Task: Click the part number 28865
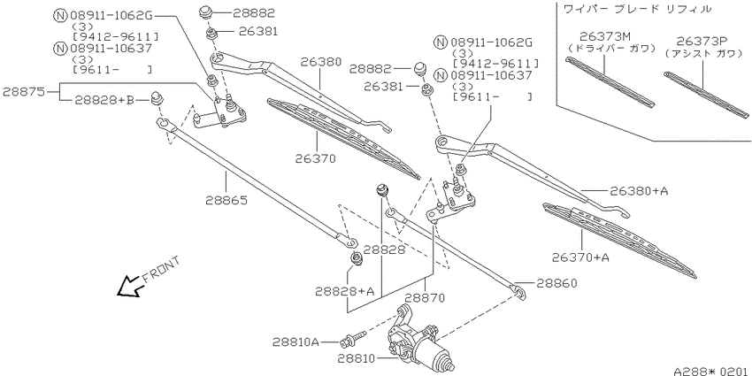pos(226,200)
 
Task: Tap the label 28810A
pos(295,342)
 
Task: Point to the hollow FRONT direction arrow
pos(129,287)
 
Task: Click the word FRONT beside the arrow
pos(161,270)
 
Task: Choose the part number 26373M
pos(602,36)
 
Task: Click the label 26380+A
pos(639,191)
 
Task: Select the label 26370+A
pos(580,257)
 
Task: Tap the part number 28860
pos(556,283)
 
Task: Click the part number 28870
pos(424,297)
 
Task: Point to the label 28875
pos(24,91)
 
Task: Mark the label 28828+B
pos(104,100)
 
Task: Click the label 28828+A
pos(344,291)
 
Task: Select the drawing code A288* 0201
pos(711,370)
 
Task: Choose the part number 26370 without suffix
pos(316,158)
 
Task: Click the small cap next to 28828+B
pos(157,99)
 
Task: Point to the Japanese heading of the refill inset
pos(636,9)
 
